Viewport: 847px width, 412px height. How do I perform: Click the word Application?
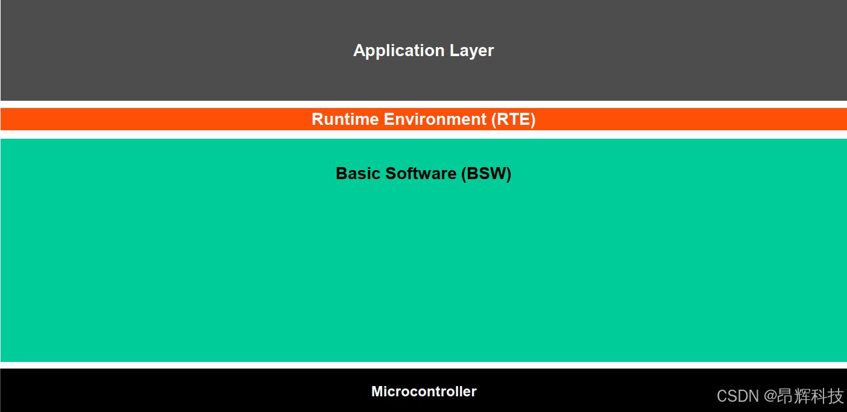[391, 51]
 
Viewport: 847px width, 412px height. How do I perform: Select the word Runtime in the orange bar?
[345, 119]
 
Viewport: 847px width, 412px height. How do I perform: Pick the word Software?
[421, 174]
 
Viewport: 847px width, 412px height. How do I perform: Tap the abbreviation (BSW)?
[486, 174]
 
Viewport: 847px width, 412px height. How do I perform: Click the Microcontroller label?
[424, 391]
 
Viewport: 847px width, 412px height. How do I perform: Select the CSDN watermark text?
[737, 396]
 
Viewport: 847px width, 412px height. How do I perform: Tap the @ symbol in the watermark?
[771, 396]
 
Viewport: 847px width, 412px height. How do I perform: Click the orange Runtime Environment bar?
[181, 119]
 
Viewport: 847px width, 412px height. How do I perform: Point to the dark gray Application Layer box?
[181, 51]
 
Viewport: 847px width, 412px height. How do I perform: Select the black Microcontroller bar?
[181, 391]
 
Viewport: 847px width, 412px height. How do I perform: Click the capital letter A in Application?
[359, 51]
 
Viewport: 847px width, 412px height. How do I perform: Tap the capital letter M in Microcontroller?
[377, 391]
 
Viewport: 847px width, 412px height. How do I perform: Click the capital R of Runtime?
[318, 119]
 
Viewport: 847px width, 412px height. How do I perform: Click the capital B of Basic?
[341, 174]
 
